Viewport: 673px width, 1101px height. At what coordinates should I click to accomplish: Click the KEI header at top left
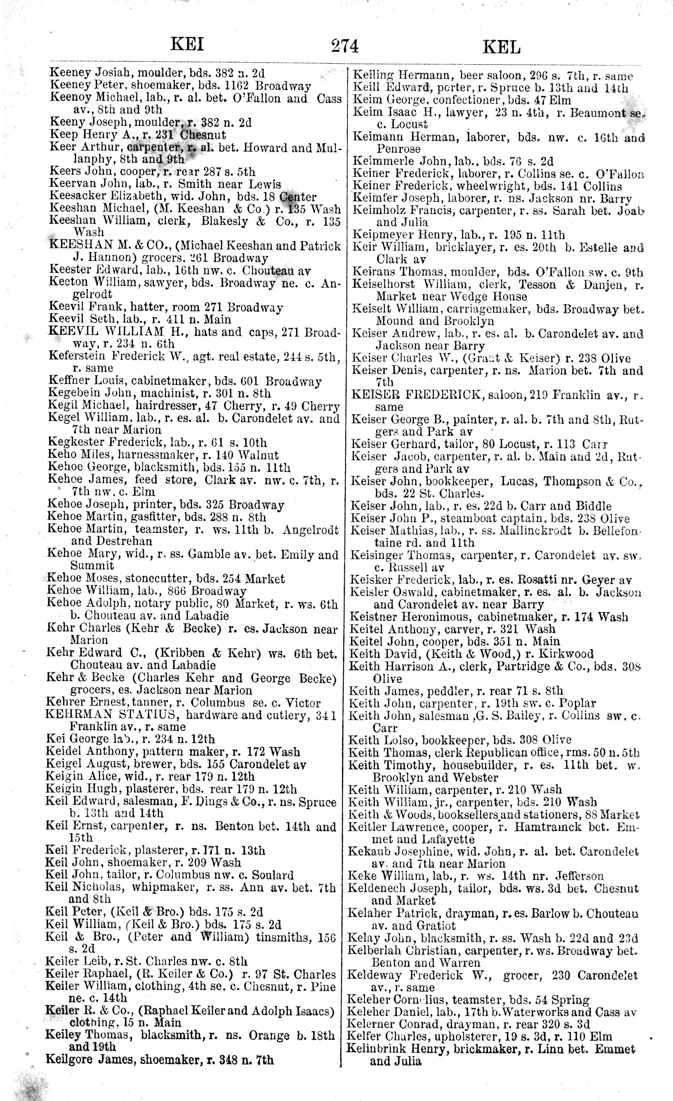click(x=187, y=45)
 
